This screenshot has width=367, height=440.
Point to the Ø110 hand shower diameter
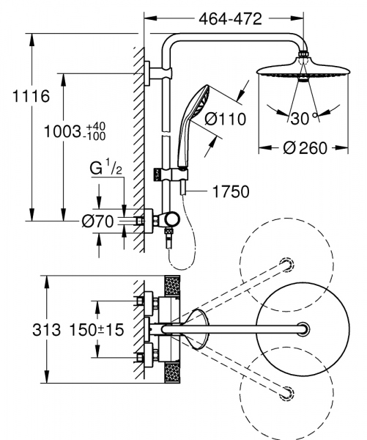225,118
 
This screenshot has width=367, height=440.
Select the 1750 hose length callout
230,192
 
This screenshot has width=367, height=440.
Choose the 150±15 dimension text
97,331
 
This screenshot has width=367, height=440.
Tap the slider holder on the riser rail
177,175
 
